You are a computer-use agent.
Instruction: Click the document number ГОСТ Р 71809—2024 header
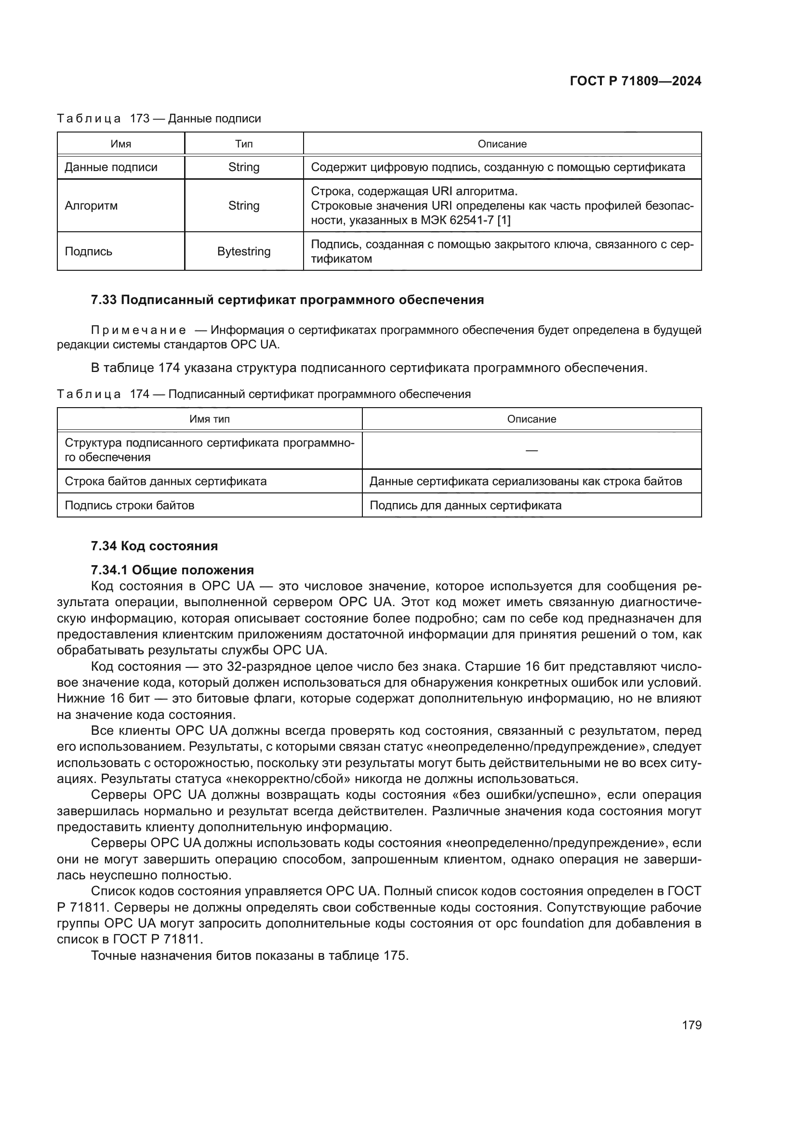(x=635, y=81)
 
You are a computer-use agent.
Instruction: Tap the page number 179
(x=691, y=1025)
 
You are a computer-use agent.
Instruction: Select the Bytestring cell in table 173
(x=244, y=252)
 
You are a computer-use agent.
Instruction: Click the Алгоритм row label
(x=91, y=206)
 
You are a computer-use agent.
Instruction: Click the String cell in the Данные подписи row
(x=244, y=167)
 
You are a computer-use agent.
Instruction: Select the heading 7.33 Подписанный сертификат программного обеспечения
(x=287, y=300)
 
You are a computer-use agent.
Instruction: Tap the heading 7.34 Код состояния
(x=154, y=546)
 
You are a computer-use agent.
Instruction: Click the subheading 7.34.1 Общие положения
(x=172, y=570)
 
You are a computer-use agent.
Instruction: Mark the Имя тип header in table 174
(x=210, y=419)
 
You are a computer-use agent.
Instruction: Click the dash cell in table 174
(x=531, y=450)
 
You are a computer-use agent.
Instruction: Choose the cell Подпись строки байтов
(x=130, y=505)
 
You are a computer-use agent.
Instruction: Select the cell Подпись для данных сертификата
(x=465, y=505)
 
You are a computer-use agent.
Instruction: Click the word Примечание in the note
(x=138, y=331)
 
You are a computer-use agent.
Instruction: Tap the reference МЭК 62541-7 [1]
(x=465, y=220)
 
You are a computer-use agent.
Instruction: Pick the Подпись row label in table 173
(x=88, y=252)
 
